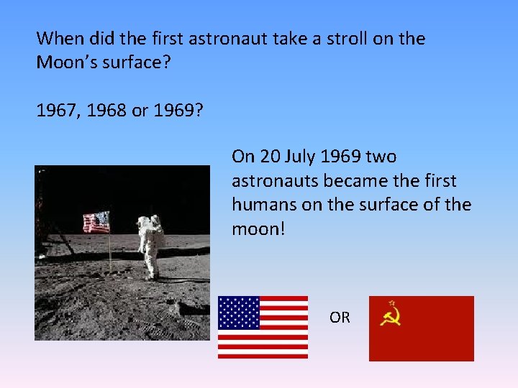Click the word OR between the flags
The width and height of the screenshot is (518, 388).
340,317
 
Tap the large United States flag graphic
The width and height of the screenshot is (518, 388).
263,327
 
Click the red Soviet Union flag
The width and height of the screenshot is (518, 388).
421,328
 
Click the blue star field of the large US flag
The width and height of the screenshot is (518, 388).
238,312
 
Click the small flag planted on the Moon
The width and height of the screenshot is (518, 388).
96,223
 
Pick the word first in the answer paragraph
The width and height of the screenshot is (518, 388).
437,181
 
